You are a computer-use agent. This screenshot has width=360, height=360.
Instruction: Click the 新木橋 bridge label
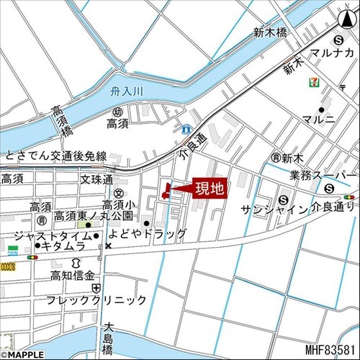coord(270,32)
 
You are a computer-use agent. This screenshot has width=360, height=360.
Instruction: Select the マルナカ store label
coord(331,54)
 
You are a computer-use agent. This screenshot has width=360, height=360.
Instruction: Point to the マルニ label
coord(319,119)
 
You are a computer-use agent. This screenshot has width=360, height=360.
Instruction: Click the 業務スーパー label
coord(323,175)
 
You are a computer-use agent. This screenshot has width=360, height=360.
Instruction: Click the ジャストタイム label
coord(50,235)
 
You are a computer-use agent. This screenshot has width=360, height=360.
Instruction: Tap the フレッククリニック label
coord(96,300)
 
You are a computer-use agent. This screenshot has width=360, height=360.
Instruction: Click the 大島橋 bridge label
coord(108,338)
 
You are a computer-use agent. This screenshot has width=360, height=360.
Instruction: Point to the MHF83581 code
coord(331,351)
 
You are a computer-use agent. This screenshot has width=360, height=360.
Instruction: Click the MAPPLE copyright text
coord(23,354)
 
